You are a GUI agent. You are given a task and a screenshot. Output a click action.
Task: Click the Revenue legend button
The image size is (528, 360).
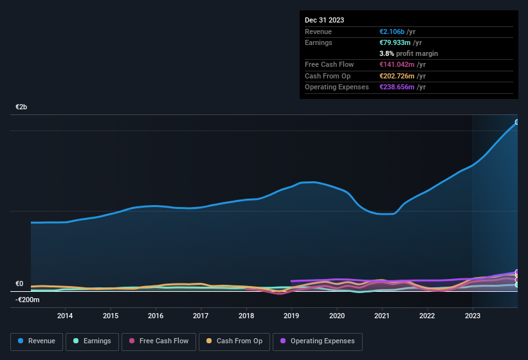point(37,341)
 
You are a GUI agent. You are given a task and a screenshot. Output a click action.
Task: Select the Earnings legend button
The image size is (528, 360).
point(93,341)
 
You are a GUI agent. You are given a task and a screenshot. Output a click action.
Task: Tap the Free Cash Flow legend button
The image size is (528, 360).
point(159,341)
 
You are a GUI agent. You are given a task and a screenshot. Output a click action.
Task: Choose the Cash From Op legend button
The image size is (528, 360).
point(233,341)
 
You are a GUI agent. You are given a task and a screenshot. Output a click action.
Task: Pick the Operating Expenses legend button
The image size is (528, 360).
point(317,341)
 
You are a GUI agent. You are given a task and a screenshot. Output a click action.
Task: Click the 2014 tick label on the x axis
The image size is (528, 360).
point(64,316)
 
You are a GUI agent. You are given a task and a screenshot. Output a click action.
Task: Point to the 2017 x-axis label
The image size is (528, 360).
point(201,316)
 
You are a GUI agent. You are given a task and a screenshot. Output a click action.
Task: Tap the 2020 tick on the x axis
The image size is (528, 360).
point(337,316)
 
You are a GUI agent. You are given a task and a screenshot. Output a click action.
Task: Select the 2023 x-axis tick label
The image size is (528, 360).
point(473,316)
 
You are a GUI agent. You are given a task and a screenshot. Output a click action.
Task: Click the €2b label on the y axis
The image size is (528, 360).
point(21,107)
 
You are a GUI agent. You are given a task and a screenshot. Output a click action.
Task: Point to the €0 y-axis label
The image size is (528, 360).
point(19,283)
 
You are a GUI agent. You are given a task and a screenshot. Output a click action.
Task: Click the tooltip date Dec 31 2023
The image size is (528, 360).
point(324,20)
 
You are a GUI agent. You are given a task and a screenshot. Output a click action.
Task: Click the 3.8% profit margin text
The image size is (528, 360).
point(408,53)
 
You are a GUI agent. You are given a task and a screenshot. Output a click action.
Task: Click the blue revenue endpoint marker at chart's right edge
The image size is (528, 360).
point(517,122)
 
